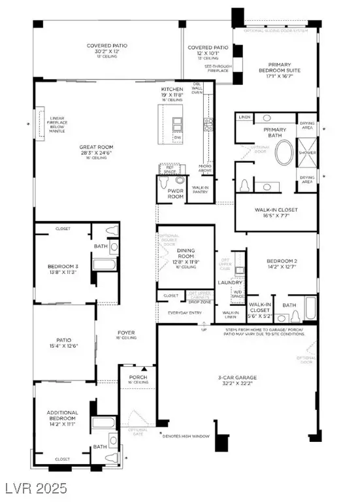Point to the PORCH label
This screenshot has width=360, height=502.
point(137,378)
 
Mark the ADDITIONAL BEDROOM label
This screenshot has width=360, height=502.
point(63,416)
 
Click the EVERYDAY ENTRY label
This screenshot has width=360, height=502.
point(186,313)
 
